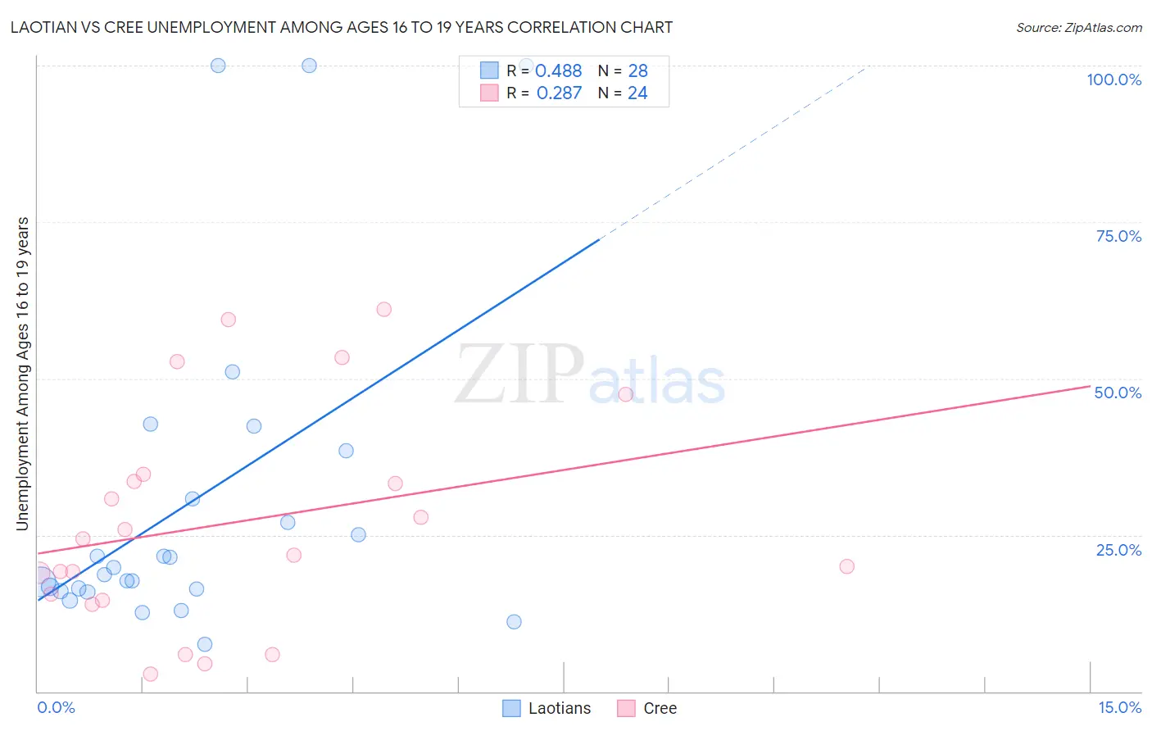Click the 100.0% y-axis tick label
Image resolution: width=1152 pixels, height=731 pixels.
coord(1113,79)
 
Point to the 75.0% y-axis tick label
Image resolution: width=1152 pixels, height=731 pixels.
coord(1118,236)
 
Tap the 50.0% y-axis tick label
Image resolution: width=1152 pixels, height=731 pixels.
coord(1118,393)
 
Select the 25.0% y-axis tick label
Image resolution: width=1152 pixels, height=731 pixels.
coord(1118,550)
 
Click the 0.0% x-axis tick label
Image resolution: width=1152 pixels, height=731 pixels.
coord(56,707)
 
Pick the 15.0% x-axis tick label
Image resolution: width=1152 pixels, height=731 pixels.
coord(1119,707)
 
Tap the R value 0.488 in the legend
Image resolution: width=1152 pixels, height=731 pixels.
coord(558,71)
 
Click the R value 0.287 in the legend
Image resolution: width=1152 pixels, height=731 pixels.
coord(559,93)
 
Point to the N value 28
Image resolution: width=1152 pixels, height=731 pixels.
coord(637,71)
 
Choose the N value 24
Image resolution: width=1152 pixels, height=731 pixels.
coord(637,93)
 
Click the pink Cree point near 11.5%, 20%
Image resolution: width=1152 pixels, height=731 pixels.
coord(846,566)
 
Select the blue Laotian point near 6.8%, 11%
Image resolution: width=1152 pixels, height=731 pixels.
coord(514,621)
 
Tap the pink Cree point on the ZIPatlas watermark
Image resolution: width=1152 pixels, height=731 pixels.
coord(625,394)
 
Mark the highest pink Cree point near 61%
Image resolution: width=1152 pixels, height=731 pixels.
coord(383,309)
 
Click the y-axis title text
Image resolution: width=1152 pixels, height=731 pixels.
coord(23,374)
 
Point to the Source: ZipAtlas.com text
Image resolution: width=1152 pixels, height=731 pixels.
coord(1078,28)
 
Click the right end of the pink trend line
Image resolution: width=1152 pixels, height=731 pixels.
coord(1090,386)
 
